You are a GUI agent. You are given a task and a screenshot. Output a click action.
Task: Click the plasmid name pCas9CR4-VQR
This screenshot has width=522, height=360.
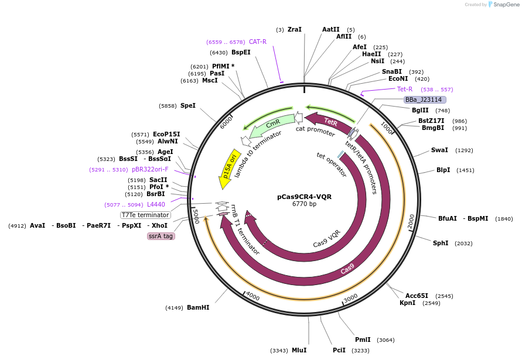pos(304,197)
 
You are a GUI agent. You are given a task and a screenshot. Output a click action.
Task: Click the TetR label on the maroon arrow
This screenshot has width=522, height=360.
pos(331,122)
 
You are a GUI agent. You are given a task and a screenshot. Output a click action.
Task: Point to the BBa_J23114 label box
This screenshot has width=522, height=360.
pos(424,100)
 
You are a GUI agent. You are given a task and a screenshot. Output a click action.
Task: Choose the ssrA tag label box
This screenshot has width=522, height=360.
pos(161,236)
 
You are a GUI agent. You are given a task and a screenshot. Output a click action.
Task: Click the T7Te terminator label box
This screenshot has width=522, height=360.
pos(145,215)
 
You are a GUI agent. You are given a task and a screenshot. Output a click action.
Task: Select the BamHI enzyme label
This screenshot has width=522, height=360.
pos(198,307)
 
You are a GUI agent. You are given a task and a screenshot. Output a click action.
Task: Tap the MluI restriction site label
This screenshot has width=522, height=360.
pos(299,350)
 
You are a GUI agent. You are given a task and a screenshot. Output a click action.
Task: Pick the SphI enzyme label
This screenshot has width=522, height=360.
pos(441,243)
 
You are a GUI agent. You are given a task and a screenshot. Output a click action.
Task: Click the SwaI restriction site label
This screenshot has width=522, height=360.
pos(439,150)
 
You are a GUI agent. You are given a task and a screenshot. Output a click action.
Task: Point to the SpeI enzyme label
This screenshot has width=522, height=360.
pos(188,105)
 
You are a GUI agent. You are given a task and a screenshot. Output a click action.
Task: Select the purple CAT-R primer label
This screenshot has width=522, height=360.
pos(258,42)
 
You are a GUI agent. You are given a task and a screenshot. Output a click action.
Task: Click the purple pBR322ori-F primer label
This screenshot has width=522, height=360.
pos(150,170)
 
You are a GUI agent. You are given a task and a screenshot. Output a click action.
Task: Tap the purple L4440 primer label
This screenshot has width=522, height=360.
pos(156,204)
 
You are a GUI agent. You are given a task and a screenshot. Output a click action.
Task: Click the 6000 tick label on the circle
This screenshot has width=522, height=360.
pos(226,124)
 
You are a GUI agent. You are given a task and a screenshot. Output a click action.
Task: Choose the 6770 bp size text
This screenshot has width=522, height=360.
pos(304,204)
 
